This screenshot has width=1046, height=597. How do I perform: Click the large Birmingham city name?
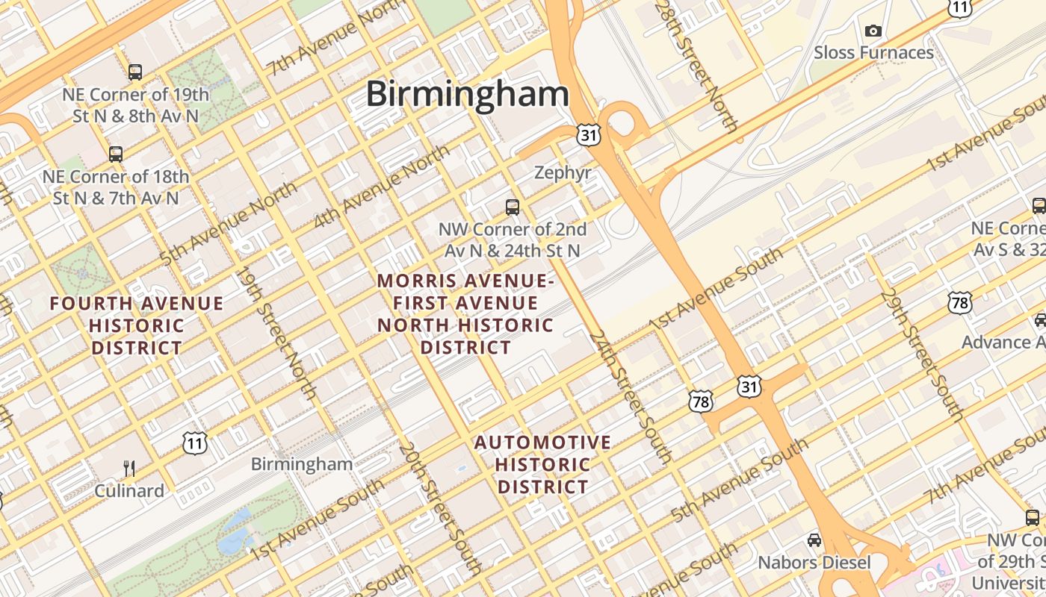[x=467, y=95]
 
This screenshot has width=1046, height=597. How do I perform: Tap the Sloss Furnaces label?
[x=873, y=53]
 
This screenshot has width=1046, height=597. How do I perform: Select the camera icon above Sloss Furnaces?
[x=873, y=31]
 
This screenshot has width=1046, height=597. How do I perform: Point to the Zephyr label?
[x=563, y=173]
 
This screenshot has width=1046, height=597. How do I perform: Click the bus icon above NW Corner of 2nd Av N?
[x=512, y=207]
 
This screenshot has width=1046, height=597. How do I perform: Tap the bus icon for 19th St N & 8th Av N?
[x=134, y=72]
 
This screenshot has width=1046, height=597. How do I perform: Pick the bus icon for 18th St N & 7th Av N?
[x=115, y=154]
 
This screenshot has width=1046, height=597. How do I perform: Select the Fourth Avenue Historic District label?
[x=137, y=325]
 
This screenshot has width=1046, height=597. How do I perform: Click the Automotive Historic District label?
[x=542, y=464]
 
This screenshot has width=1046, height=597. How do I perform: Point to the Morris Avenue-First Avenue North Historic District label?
[x=465, y=313]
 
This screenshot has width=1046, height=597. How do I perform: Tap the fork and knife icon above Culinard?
[x=129, y=469]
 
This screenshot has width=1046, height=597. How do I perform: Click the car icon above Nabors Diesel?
[x=814, y=540]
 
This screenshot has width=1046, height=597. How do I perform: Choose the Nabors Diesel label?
[x=814, y=562]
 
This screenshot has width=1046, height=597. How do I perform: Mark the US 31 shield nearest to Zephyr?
[x=588, y=134]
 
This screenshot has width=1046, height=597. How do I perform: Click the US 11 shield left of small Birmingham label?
[x=194, y=443]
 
